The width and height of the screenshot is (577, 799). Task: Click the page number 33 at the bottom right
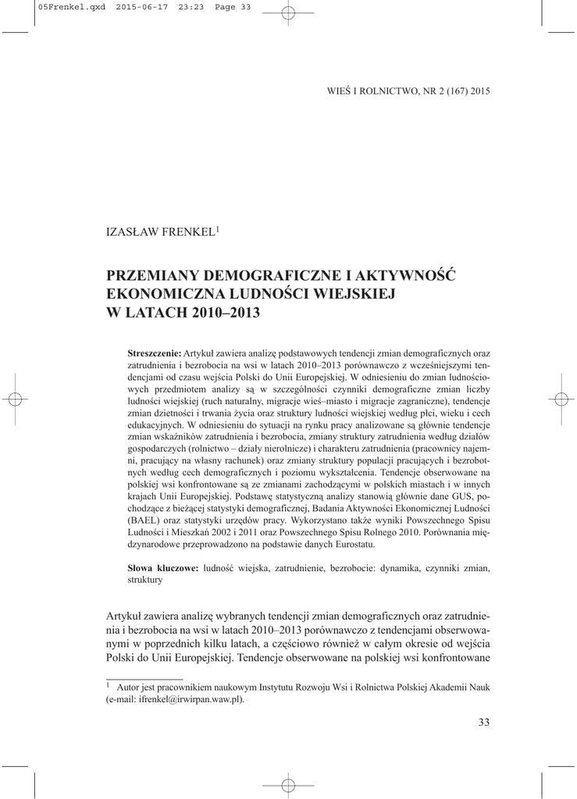click(x=483, y=723)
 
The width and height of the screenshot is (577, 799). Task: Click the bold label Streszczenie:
click(x=154, y=353)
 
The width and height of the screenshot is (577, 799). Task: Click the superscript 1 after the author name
click(x=218, y=229)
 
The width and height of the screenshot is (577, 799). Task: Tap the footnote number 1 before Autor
click(x=108, y=685)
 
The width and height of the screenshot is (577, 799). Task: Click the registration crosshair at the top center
click(x=287, y=12)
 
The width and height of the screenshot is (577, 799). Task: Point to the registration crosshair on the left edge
click(x=13, y=399)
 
